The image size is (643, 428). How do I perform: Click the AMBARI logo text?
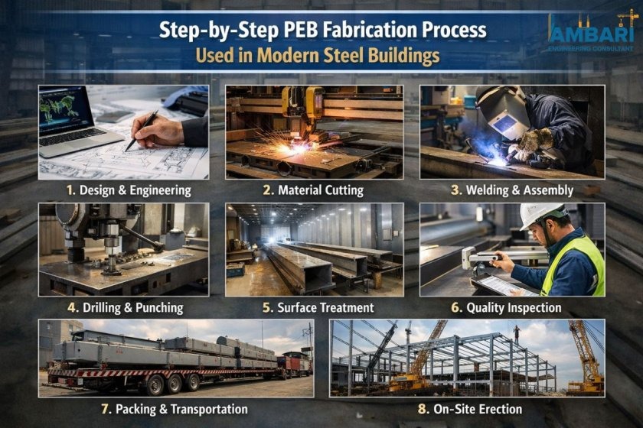point(591,34)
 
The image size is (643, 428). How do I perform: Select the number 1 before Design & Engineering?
point(70,190)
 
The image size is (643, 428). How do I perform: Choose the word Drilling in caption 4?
point(103,308)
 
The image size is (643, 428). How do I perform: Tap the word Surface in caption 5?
point(296,307)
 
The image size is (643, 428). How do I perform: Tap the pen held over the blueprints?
point(142,130)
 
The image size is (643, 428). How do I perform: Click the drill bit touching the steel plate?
point(111,263)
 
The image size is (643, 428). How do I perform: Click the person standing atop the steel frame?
point(517,334)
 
